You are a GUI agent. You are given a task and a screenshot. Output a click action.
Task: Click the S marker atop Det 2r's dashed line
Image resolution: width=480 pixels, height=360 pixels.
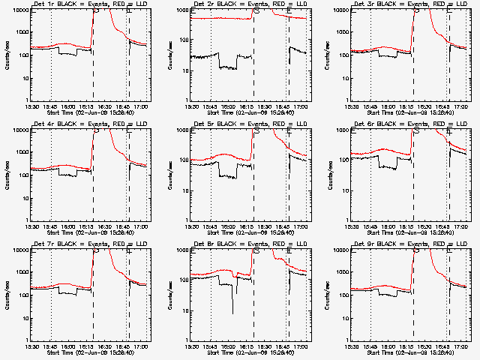coord(257,11)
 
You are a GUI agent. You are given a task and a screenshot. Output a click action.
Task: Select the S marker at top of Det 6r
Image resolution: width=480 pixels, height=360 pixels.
coord(416,131)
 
